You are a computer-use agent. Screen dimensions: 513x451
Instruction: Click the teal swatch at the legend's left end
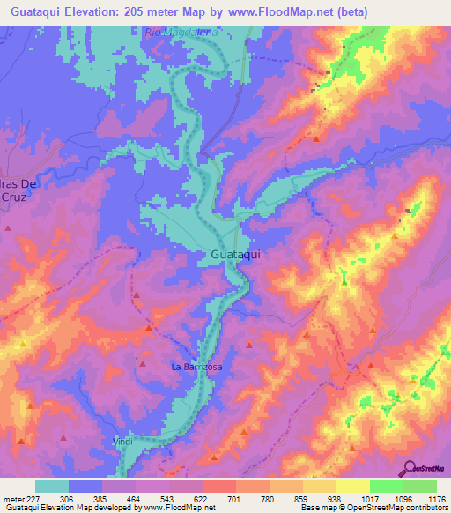(x=52, y=486)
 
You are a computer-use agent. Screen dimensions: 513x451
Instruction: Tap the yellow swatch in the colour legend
(x=352, y=486)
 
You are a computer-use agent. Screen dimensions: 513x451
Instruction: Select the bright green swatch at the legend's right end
(x=420, y=486)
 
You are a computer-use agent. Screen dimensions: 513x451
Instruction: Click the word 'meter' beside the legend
(x=12, y=498)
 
